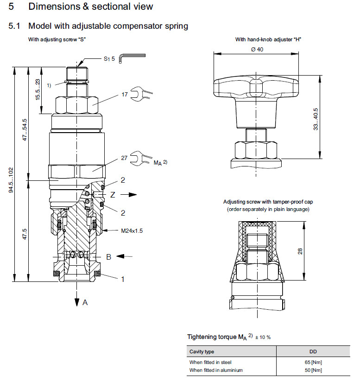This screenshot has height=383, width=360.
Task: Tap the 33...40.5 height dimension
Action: (x=316, y=119)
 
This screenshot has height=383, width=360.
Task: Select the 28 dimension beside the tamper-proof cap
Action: (x=301, y=251)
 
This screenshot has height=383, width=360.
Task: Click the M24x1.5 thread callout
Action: (x=133, y=230)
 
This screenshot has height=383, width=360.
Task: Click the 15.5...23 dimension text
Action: (x=38, y=90)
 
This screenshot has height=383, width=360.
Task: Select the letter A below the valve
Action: (x=85, y=302)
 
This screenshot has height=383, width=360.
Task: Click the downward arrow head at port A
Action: (x=76, y=302)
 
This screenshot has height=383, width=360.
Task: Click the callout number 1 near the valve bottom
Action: (x=123, y=279)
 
